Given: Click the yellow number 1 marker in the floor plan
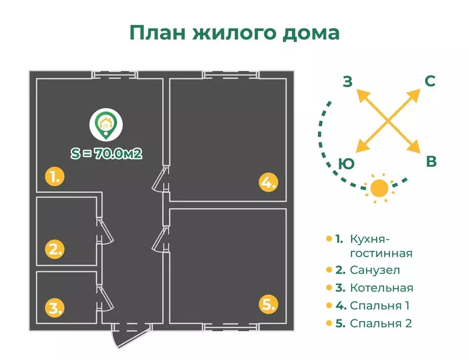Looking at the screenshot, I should (x=54, y=177).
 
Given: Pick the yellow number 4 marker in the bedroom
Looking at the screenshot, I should (x=268, y=182).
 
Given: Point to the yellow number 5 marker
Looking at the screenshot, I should (x=268, y=305).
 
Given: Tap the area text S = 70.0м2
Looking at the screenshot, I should (x=106, y=153).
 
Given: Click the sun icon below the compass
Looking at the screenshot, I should (x=379, y=188).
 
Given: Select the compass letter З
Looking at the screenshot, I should (x=347, y=82).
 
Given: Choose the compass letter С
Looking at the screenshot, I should (x=430, y=81).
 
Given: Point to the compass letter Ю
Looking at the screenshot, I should (x=346, y=164).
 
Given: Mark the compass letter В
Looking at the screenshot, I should (x=431, y=162).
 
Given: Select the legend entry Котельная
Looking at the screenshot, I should (x=381, y=287).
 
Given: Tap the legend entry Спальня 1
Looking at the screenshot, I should (x=379, y=306).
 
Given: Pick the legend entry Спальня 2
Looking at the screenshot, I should (x=380, y=323).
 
